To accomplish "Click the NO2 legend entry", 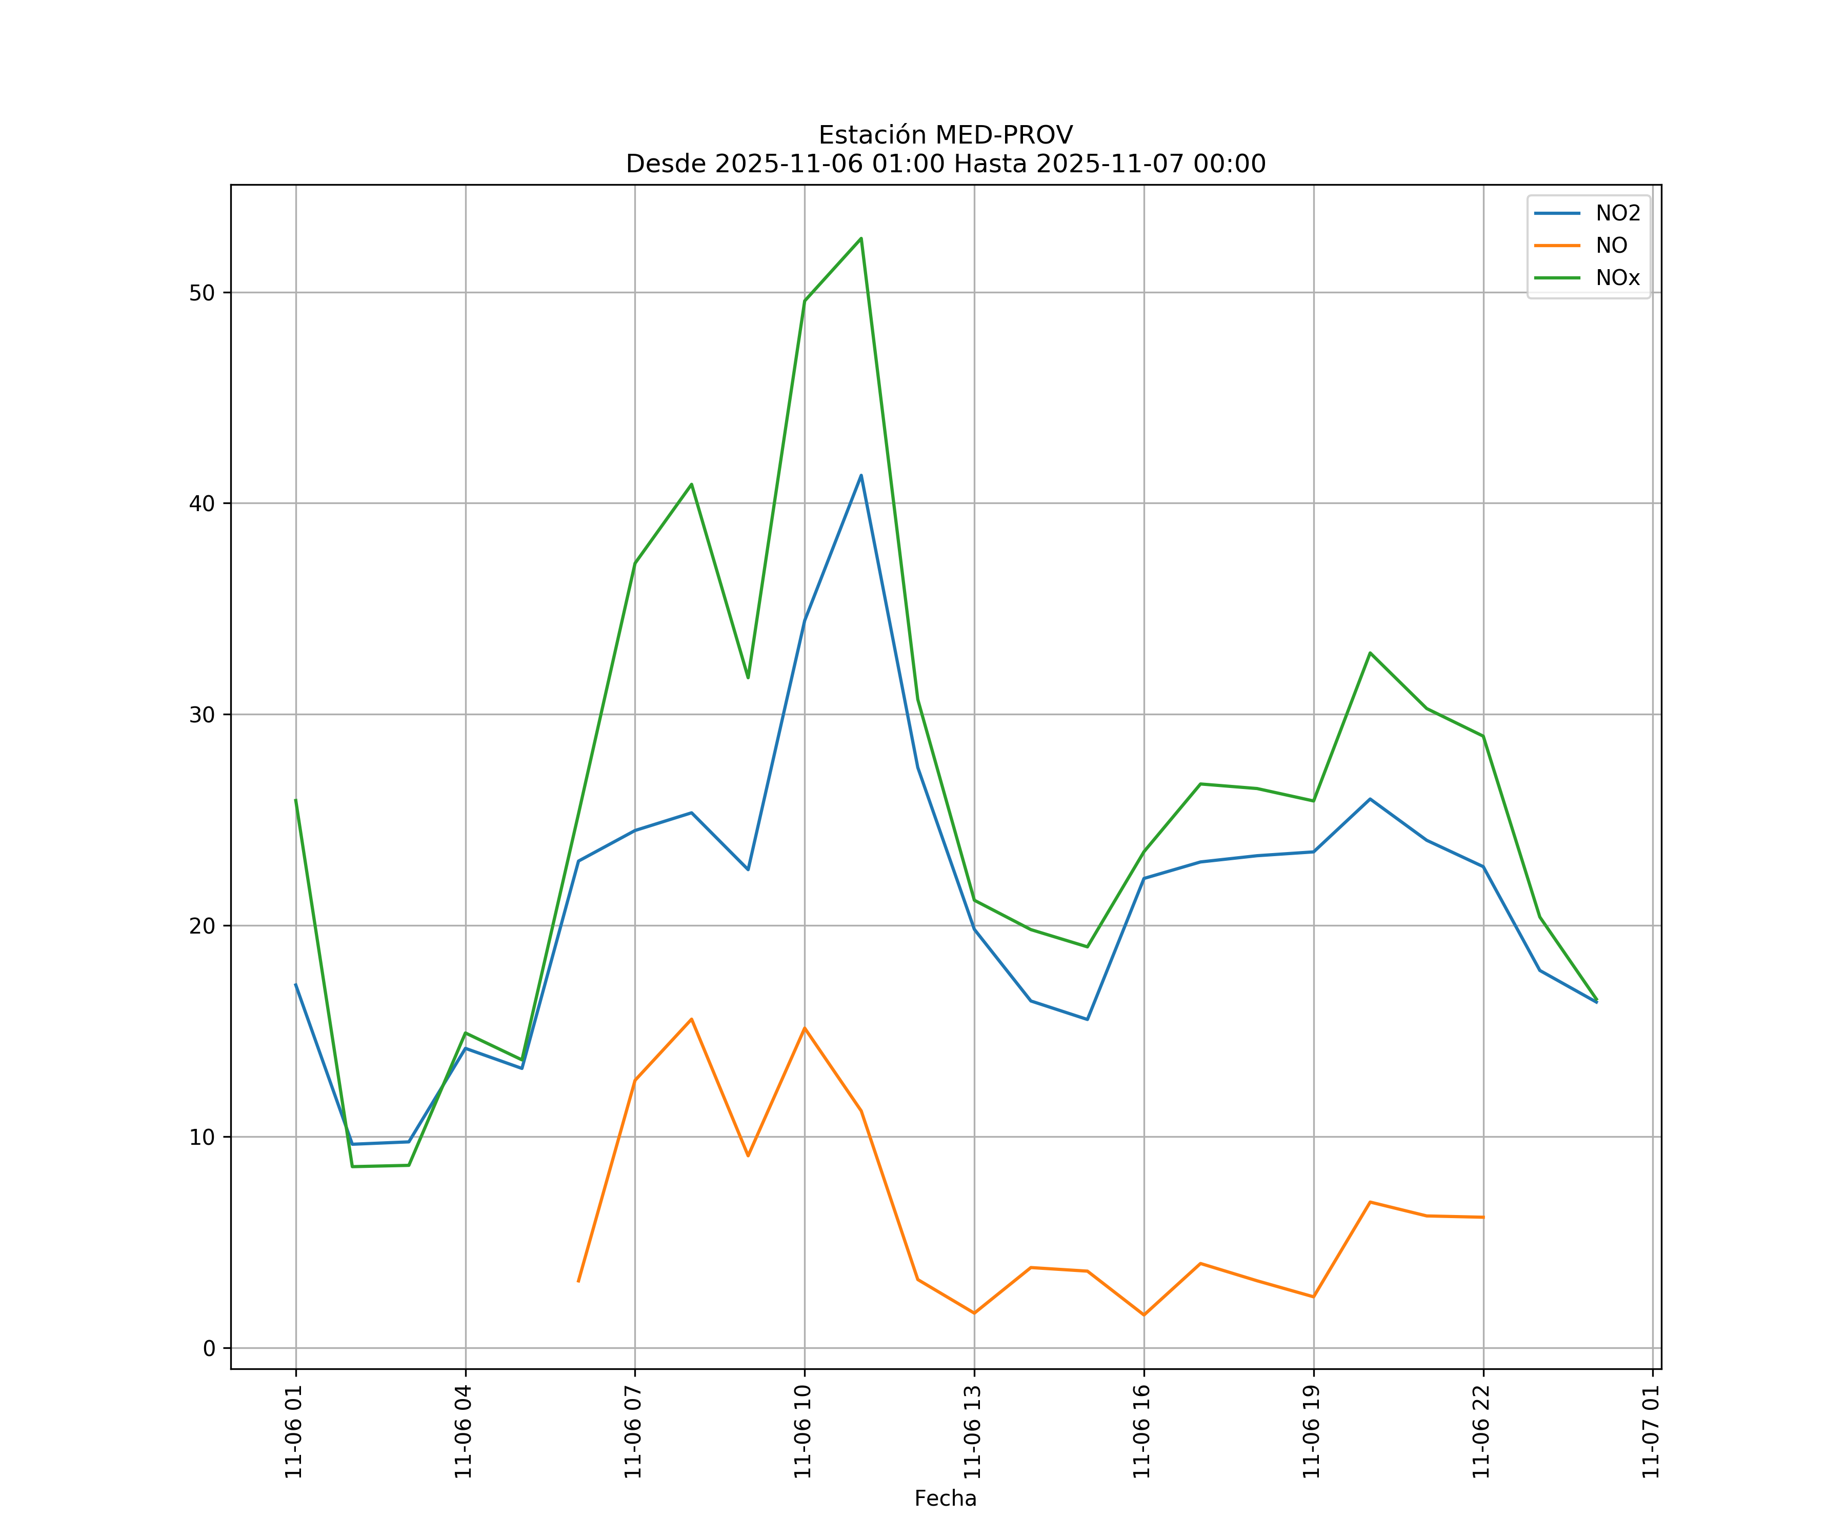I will pos(1617,214).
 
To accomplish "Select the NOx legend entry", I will pos(1617,278).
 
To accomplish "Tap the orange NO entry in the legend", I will pos(1611,246).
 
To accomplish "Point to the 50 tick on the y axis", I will pos(202,293).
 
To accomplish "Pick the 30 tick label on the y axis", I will pos(202,715).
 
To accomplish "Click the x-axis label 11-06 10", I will pos(802,1432).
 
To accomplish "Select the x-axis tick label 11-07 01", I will pos(1651,1432).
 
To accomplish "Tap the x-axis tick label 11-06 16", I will pos(1142,1432).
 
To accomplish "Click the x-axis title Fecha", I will pos(945,1499).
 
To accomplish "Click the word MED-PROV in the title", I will pos(1003,135).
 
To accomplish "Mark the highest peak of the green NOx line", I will pos(860,238).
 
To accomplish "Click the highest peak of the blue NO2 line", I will pos(860,475).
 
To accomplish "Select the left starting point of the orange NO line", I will pos(578,1281).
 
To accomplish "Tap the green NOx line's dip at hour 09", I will pos(748,678).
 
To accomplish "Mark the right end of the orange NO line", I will pos(1483,1217).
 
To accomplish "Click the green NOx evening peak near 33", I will pos(1370,653).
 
